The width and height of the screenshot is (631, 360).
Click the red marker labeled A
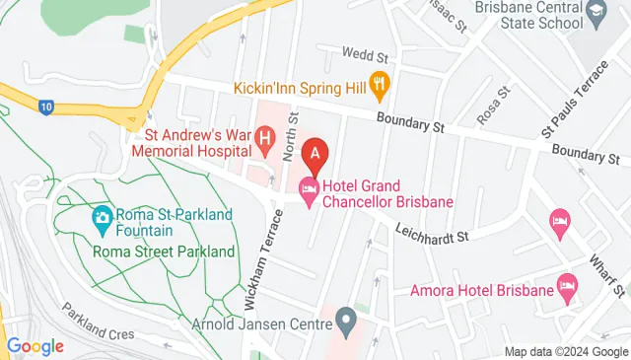315,155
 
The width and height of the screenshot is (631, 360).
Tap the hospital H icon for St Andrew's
264,140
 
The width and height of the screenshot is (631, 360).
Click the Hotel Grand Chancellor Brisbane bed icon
310,192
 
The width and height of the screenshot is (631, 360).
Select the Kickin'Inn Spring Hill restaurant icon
379,86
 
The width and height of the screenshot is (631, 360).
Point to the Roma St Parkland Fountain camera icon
102,218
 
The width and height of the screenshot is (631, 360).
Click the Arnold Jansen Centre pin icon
345,320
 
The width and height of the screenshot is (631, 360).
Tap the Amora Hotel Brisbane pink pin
567,287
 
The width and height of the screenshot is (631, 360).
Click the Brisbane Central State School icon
596,12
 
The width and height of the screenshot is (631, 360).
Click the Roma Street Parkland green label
163,252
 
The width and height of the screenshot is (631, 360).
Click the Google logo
35,345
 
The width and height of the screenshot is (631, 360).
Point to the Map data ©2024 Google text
565,352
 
